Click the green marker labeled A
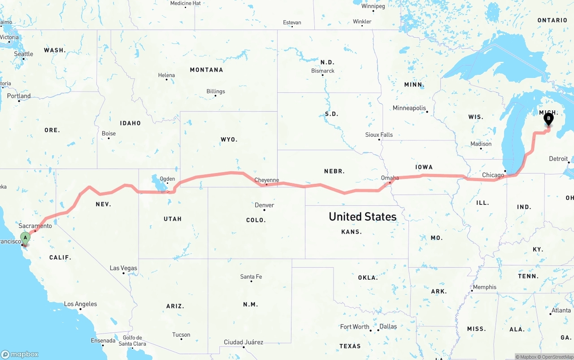point(26,238)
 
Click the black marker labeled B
point(548,119)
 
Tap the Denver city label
point(264,205)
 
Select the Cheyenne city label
point(266,180)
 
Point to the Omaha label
point(390,178)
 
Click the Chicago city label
point(493,175)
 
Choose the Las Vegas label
point(123,268)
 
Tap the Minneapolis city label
point(409,108)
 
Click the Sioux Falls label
point(379,134)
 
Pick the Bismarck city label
point(323,71)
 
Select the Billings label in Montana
point(216,91)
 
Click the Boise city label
point(109,134)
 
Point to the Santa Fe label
point(251,277)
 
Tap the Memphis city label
point(484,287)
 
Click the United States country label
point(362,217)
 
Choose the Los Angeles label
point(80,304)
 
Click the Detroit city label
point(558,159)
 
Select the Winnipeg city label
point(373,6)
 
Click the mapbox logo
point(20,354)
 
